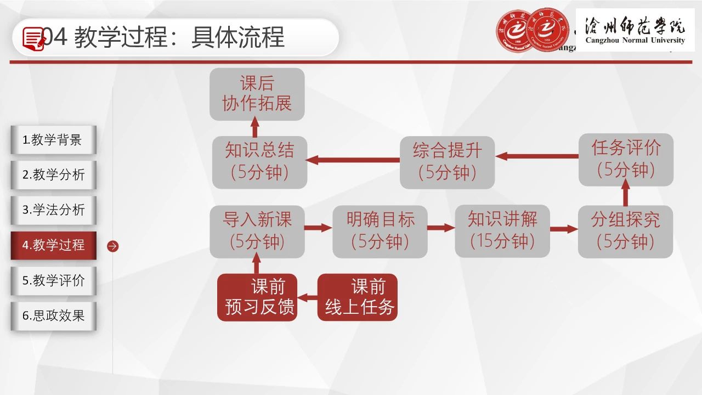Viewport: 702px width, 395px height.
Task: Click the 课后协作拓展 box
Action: [x=257, y=94]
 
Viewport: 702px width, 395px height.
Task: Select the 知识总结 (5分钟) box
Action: [x=259, y=162]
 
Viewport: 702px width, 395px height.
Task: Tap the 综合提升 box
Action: [x=447, y=162]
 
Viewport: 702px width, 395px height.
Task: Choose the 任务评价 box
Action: [x=626, y=160]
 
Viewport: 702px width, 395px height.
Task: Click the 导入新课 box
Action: [x=257, y=232]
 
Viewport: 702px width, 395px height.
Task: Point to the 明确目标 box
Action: [x=380, y=232]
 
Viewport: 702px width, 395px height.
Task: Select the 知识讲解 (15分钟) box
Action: [x=502, y=232]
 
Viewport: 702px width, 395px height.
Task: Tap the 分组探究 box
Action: [x=625, y=232]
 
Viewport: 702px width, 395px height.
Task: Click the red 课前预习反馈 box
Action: [x=257, y=297]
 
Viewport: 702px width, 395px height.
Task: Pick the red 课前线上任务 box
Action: [x=357, y=297]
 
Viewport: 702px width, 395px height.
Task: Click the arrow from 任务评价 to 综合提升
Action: [x=537, y=156]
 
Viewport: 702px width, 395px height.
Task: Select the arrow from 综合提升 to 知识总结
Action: [x=353, y=160]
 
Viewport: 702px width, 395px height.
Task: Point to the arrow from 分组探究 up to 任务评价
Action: [x=626, y=193]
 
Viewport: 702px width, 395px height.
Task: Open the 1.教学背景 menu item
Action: [x=54, y=140]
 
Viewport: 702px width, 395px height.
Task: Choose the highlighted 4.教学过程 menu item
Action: [x=54, y=245]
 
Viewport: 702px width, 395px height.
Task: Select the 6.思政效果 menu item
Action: [x=54, y=316]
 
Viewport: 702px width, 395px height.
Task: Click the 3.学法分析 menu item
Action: [x=54, y=210]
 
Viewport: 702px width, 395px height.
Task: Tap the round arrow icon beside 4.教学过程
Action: [x=113, y=246]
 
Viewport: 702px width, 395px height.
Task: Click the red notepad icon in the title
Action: [x=33, y=38]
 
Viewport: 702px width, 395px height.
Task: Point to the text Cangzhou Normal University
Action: [x=635, y=40]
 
